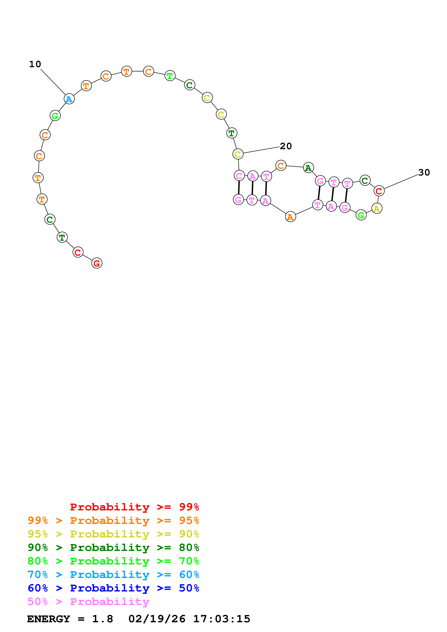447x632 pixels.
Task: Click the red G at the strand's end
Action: (x=97, y=263)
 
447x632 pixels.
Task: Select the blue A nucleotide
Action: (x=69, y=99)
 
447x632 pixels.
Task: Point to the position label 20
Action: (x=286, y=146)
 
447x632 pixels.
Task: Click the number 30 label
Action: (x=424, y=173)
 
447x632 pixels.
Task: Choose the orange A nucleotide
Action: (x=290, y=217)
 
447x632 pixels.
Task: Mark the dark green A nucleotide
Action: (x=308, y=168)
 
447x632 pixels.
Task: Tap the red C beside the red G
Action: (x=78, y=252)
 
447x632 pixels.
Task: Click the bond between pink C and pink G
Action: (x=239, y=187)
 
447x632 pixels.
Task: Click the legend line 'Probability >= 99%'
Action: (x=134, y=507)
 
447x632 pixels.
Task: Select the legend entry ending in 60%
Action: (x=113, y=575)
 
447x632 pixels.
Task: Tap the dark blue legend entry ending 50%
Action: (x=113, y=588)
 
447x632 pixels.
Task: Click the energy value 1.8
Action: (x=102, y=619)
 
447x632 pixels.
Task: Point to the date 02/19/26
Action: (x=157, y=619)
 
